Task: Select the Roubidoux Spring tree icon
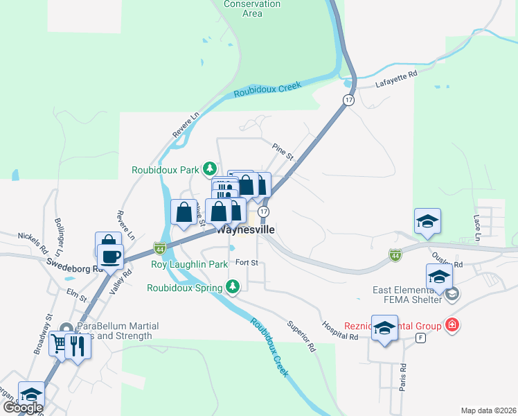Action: [x=233, y=286]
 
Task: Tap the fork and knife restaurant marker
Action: [x=78, y=345]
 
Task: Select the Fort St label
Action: [x=247, y=263]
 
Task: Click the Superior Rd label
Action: [x=301, y=335]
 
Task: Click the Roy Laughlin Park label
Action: [x=190, y=264]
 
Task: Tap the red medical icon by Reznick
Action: [x=452, y=324]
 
